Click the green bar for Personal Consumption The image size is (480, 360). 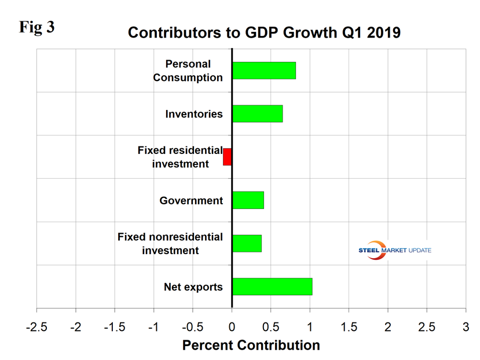pyautogui.click(x=264, y=70)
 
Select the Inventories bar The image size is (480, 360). pyautogui.click(x=257, y=113)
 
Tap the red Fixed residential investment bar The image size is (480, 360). pyautogui.click(x=228, y=157)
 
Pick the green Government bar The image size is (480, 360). pyautogui.click(x=248, y=200)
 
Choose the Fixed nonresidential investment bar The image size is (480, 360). pyautogui.click(x=247, y=243)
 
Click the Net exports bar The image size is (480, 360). pyautogui.click(x=272, y=286)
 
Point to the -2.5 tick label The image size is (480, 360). pyautogui.click(x=36, y=325)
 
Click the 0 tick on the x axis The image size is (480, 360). pyautogui.click(x=232, y=325)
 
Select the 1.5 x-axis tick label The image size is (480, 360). pyautogui.click(x=349, y=325)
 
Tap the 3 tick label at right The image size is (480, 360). pyautogui.click(x=466, y=325)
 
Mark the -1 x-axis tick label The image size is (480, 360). pyautogui.click(x=153, y=325)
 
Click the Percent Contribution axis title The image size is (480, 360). pyautogui.click(x=251, y=346)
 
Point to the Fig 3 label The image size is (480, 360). pyautogui.click(x=36, y=27)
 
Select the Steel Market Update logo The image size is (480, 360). pyautogui.click(x=395, y=250)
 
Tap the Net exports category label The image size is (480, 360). pyautogui.click(x=193, y=286)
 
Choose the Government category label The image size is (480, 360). pyautogui.click(x=191, y=201)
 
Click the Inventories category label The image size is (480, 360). pyautogui.click(x=193, y=114)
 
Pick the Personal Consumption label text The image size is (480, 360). pyautogui.click(x=188, y=71)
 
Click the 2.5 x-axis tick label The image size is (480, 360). pyautogui.click(x=427, y=325)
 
